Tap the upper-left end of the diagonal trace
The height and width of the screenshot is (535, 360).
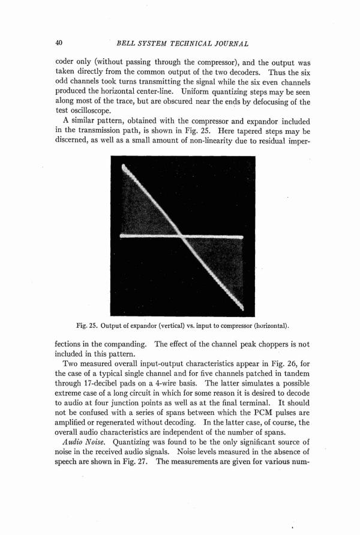[x=124, y=168]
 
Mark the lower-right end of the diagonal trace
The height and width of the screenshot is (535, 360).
[x=242, y=307]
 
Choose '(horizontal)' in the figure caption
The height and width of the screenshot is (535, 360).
[x=266, y=326]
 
